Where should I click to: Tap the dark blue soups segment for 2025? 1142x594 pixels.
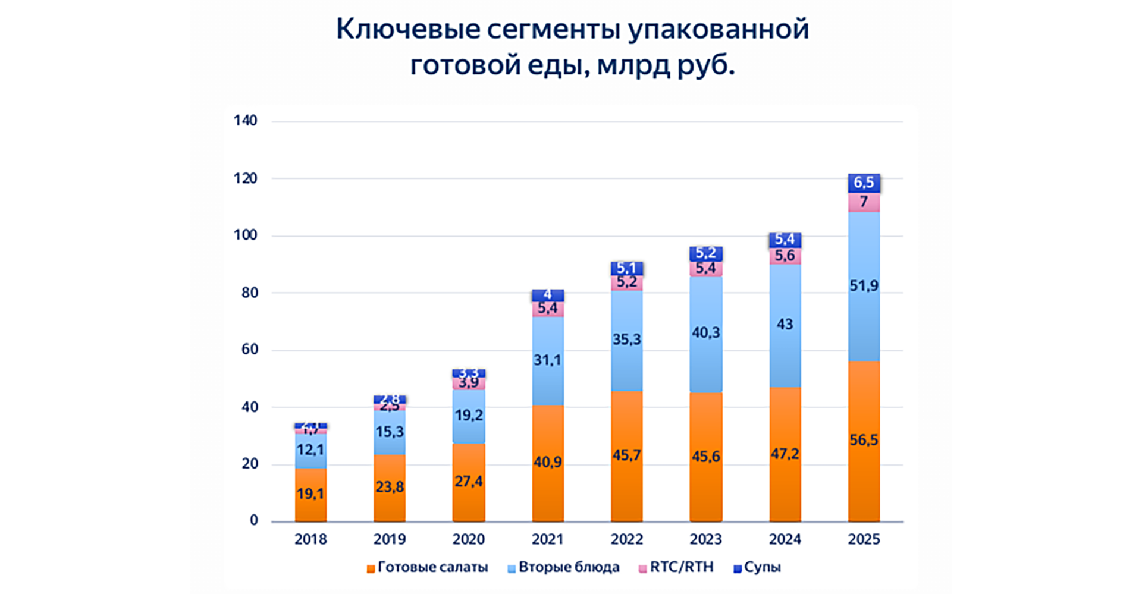(864, 183)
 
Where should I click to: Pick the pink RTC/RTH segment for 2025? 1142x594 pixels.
(864, 202)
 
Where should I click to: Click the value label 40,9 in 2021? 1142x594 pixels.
(547, 462)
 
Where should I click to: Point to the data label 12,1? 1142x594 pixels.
(310, 450)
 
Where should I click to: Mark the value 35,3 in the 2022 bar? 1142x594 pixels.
(626, 340)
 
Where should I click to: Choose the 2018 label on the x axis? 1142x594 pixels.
(310, 539)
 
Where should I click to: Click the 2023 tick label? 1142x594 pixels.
(705, 539)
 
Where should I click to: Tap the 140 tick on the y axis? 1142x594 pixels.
(245, 121)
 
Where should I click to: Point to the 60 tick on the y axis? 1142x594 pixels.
(249, 350)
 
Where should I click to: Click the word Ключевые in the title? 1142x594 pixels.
(407, 29)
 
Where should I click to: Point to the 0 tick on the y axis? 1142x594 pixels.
(254, 521)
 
